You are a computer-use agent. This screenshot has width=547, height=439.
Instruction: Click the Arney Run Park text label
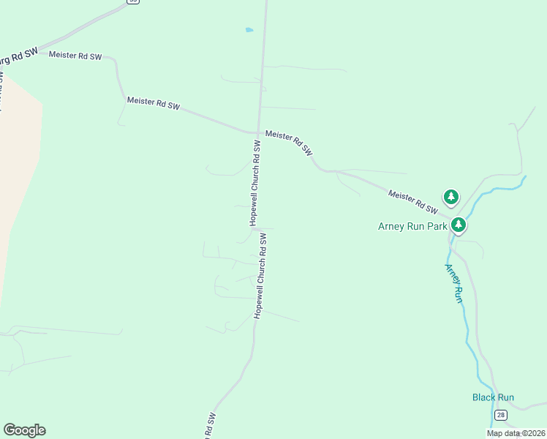pyautogui.click(x=412, y=226)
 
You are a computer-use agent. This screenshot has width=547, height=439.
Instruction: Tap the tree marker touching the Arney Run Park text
pyautogui.click(x=459, y=224)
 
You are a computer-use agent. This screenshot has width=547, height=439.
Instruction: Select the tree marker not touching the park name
pyautogui.click(x=451, y=196)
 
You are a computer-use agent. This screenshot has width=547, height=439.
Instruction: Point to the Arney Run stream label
pyautogui.click(x=454, y=283)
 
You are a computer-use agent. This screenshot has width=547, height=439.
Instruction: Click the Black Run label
pyautogui.click(x=493, y=397)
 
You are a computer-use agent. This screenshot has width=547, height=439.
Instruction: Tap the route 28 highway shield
pyautogui.click(x=500, y=415)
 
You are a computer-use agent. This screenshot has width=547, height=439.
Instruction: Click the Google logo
pyautogui.click(x=24, y=430)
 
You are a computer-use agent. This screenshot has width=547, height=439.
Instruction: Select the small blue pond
pyautogui.click(x=249, y=30)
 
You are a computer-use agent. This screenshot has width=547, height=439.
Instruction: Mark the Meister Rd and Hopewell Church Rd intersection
pyautogui.click(x=259, y=133)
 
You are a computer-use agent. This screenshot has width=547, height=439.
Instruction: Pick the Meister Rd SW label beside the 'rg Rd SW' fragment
pyautogui.click(x=75, y=56)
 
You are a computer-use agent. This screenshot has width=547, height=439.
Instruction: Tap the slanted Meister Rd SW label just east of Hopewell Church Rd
pyautogui.click(x=289, y=143)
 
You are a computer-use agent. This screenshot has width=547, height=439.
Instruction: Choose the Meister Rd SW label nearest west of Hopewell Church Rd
pyautogui.click(x=153, y=103)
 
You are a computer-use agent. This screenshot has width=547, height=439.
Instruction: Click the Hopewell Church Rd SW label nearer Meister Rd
pyautogui.click(x=255, y=182)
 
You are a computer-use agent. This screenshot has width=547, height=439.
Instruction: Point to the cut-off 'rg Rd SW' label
pyautogui.click(x=18, y=57)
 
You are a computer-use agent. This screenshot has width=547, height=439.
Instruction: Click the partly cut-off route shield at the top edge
pyautogui.click(x=132, y=1)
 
